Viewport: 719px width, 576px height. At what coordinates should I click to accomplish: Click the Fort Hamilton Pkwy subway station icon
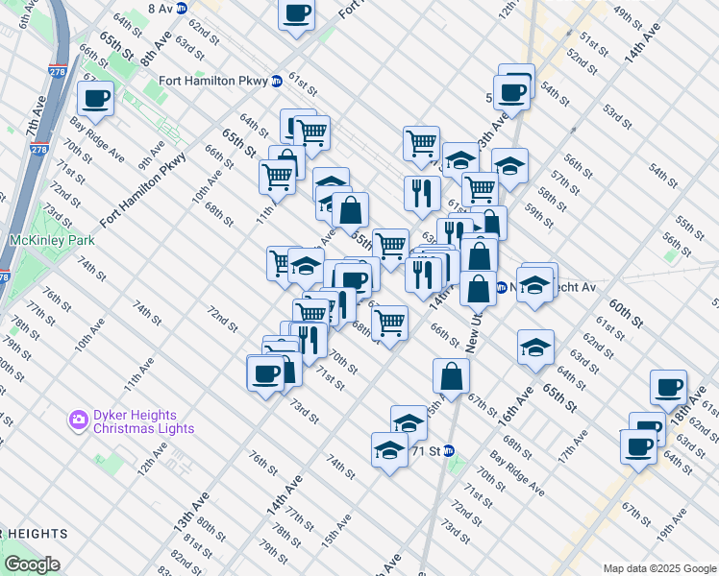click(276, 82)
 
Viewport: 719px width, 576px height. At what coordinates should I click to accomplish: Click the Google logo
click(31, 564)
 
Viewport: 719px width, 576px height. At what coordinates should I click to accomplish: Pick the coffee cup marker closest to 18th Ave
click(668, 387)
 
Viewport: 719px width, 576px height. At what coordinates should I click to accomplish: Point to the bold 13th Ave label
click(191, 512)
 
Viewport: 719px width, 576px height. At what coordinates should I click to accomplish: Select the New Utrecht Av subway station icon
click(502, 287)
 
